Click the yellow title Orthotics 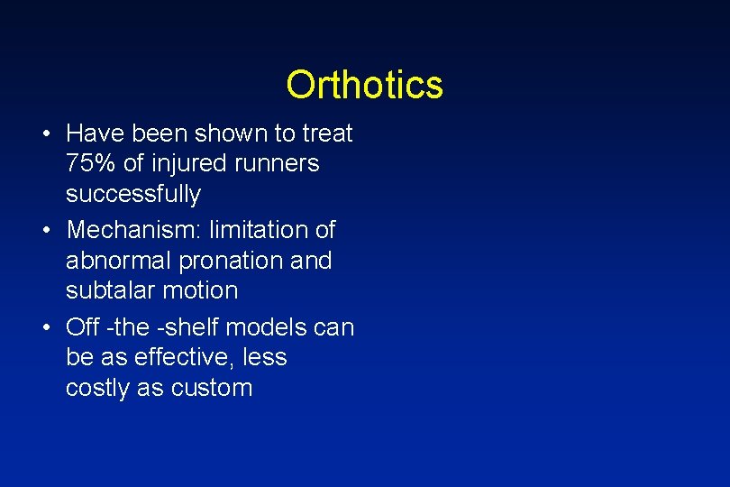(364, 86)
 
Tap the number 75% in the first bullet (87, 164)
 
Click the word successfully (133, 195)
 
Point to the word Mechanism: (134, 231)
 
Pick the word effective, (180, 358)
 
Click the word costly (94, 389)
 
